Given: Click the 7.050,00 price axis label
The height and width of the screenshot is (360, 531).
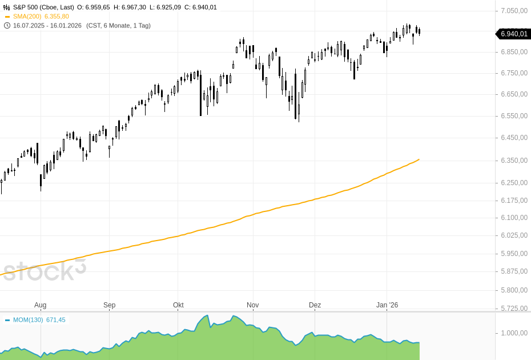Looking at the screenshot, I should pyautogui.click(x=513, y=10).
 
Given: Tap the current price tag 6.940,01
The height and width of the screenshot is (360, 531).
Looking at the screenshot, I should pyautogui.click(x=513, y=34).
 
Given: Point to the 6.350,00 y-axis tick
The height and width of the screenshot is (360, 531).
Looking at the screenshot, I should pyautogui.click(x=513, y=161).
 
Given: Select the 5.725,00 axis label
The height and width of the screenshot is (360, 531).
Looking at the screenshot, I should pyautogui.click(x=513, y=308).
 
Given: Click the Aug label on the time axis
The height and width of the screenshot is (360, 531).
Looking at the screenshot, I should pyautogui.click(x=40, y=305).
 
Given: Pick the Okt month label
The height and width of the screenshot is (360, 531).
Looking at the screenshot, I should pyautogui.click(x=178, y=305).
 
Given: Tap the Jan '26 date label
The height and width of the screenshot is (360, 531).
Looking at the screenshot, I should pyautogui.click(x=387, y=305).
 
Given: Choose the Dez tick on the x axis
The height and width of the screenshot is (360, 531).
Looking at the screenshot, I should pyautogui.click(x=315, y=305).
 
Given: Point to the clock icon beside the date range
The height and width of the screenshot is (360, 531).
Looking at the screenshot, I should pyautogui.click(x=7, y=26).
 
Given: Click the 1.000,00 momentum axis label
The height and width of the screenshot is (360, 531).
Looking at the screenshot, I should pyautogui.click(x=513, y=333).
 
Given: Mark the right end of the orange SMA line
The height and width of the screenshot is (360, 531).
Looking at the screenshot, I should pyautogui.click(x=419, y=159).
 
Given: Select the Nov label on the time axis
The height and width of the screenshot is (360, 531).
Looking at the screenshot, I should pyautogui.click(x=252, y=305).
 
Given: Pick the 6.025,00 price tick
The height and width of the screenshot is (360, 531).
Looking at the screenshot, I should pyautogui.click(x=513, y=235).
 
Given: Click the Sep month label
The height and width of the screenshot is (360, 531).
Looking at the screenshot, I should pyautogui.click(x=109, y=305).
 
